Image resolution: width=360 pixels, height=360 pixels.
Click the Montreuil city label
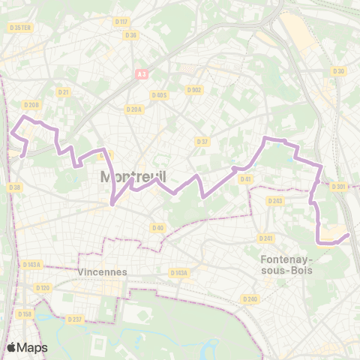tap(133, 177)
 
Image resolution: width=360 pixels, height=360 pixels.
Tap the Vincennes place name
tap(103, 272)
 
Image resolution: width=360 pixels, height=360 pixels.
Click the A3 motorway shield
tap(141, 73)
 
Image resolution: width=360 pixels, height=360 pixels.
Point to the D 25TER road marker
tap(20, 28)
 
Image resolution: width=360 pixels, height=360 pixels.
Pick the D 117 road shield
tap(122, 21)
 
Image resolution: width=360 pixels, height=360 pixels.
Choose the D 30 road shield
tap(338, 71)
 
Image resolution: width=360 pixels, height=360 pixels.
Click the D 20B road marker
tap(31, 105)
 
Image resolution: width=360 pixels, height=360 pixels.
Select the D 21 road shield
tap(64, 92)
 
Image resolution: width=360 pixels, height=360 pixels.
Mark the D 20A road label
tap(133, 109)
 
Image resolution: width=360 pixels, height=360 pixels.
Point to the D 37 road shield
tap(202, 141)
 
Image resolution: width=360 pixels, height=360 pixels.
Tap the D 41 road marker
tap(244, 178)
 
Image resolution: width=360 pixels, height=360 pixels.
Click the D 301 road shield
tap(338, 187)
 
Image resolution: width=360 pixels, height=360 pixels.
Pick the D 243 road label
tap(275, 200)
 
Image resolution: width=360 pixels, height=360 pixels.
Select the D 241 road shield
tap(265, 238)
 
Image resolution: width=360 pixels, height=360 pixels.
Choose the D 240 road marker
tap(250, 298)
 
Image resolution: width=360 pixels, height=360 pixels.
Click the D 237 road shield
tap(75, 319)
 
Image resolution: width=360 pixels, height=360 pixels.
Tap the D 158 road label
tap(25, 314)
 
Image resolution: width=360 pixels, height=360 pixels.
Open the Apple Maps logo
tap(27, 347)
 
